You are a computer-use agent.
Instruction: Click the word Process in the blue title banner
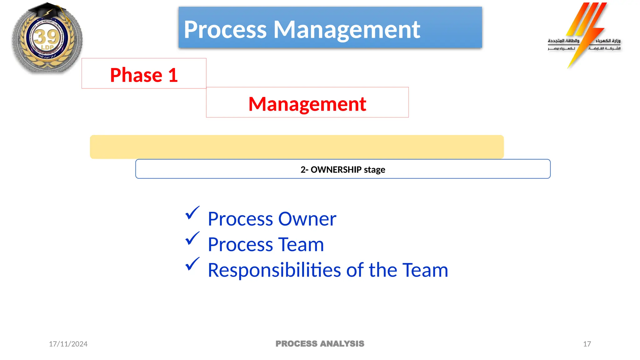225,30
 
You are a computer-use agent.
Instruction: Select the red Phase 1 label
144,75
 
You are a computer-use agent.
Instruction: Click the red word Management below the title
307,104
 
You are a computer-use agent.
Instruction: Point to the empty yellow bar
297,147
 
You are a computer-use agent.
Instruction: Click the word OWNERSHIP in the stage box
336,170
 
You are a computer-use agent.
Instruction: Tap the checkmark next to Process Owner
192,213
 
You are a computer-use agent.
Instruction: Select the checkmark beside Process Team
192,239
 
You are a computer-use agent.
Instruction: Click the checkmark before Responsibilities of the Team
192,264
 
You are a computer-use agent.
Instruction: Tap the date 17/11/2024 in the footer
68,344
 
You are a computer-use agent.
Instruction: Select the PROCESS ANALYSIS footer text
320,344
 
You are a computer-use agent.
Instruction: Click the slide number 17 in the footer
587,344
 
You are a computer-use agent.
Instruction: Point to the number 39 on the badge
47,37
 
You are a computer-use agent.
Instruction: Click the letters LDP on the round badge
47,47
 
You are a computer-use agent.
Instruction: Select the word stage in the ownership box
374,170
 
